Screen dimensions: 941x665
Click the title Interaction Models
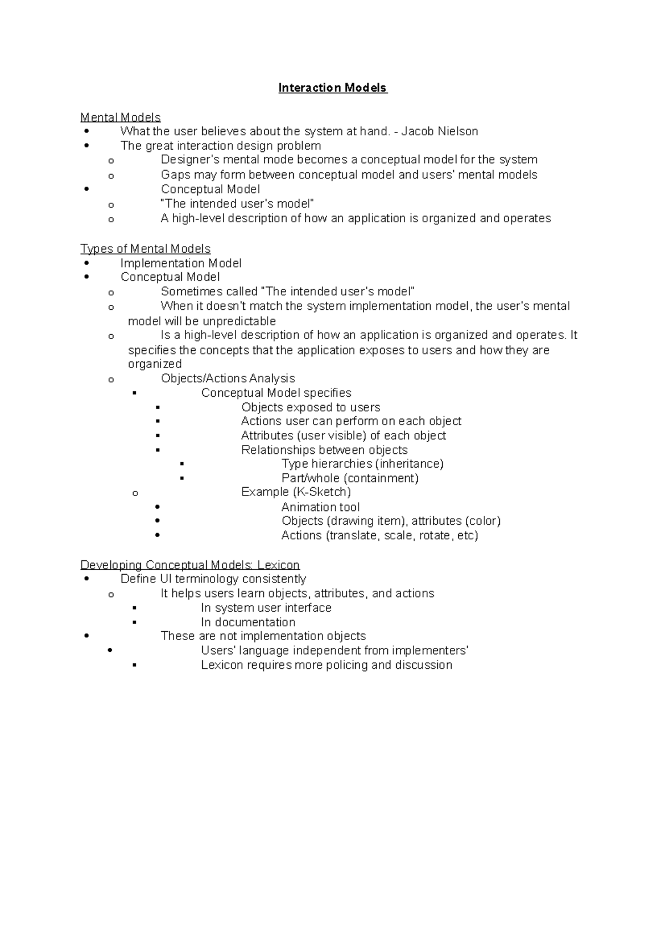(332, 88)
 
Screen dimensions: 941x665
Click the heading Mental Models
(120, 117)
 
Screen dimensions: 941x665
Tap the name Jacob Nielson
(439, 131)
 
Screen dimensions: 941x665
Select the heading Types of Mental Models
(145, 249)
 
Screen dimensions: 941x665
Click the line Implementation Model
(181, 263)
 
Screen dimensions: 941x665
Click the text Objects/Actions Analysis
(228, 379)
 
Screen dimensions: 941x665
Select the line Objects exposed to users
(310, 407)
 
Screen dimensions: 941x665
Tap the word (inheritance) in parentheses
(410, 464)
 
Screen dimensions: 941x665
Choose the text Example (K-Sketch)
(296, 492)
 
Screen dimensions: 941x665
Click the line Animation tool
(320, 507)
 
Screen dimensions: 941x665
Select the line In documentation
(248, 622)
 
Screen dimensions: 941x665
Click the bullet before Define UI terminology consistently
(86, 579)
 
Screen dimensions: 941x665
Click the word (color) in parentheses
(483, 521)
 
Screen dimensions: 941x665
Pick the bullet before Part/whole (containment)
(182, 478)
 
